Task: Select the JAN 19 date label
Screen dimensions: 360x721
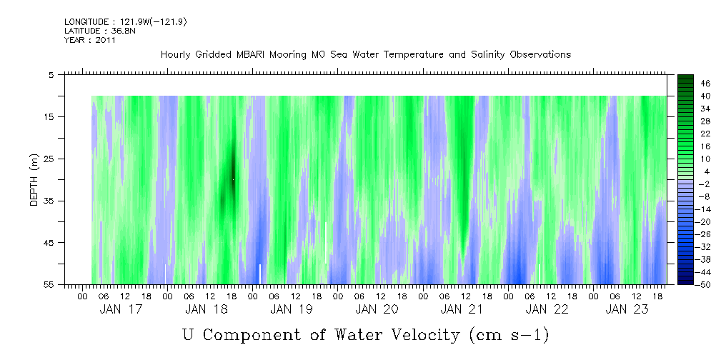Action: pyautogui.click(x=292, y=309)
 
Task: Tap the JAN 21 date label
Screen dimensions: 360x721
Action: pyautogui.click(x=462, y=309)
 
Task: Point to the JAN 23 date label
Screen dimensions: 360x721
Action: pyautogui.click(x=626, y=309)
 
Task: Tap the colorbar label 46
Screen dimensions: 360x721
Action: pyautogui.click(x=705, y=83)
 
